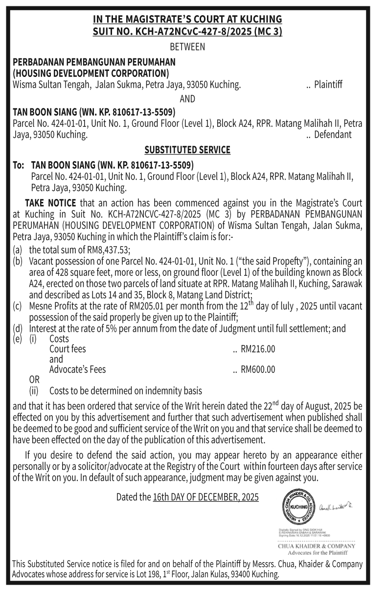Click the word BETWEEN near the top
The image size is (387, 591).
[187, 48]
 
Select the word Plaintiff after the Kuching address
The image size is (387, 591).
[328, 85]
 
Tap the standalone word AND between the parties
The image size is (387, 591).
[187, 99]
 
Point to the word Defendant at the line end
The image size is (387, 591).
[333, 135]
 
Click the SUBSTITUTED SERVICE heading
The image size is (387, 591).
[187, 149]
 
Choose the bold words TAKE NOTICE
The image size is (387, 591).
[50, 203]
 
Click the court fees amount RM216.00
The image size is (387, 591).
[258, 349]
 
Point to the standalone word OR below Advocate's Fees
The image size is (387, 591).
[34, 380]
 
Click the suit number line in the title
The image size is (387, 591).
[187, 31]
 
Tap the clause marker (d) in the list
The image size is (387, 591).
[18, 329]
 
